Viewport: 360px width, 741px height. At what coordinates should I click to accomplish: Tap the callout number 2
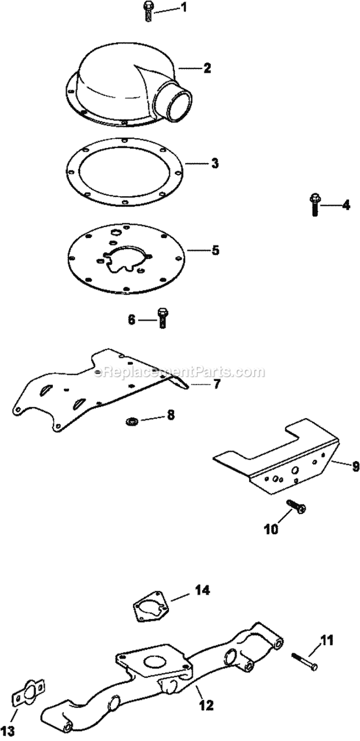tap(206, 68)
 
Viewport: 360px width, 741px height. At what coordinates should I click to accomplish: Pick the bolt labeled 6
tap(161, 318)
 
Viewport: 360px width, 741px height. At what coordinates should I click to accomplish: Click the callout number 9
tap(355, 465)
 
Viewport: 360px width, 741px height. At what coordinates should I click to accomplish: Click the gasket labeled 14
tap(151, 608)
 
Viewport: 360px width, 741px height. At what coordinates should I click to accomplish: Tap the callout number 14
tap(202, 590)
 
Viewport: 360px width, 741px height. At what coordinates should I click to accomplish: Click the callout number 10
tap(270, 530)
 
